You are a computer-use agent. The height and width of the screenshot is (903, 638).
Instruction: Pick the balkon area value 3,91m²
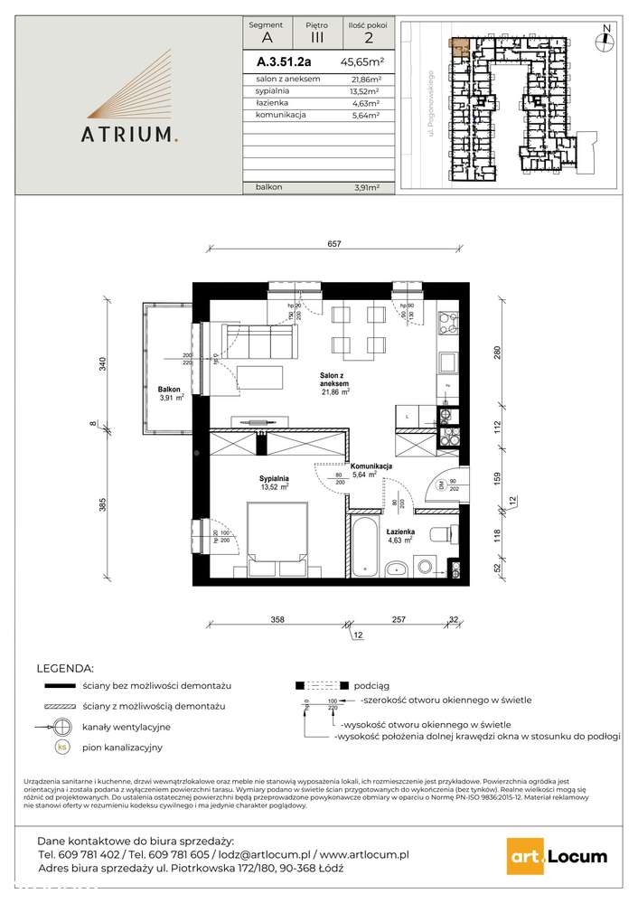(x=365, y=187)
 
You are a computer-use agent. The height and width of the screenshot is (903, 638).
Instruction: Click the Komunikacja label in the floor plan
(x=371, y=466)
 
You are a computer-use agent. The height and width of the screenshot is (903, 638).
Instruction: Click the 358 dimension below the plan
(x=277, y=619)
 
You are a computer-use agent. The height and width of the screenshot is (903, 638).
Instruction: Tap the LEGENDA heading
(x=64, y=669)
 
